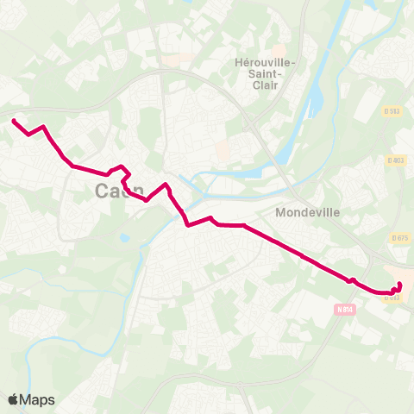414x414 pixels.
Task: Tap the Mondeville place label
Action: point(309,211)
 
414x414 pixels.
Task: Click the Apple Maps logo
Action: point(31,399)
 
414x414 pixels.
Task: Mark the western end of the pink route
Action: point(14,121)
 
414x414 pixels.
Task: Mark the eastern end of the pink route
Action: point(399,284)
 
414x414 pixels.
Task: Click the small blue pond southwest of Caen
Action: point(126,237)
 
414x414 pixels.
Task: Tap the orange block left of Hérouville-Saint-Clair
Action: point(223,152)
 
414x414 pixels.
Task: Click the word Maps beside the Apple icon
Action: point(38,399)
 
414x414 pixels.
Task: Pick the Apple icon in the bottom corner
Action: point(13,399)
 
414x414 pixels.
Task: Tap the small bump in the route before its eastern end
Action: point(351,279)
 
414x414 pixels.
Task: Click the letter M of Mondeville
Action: point(280,211)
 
